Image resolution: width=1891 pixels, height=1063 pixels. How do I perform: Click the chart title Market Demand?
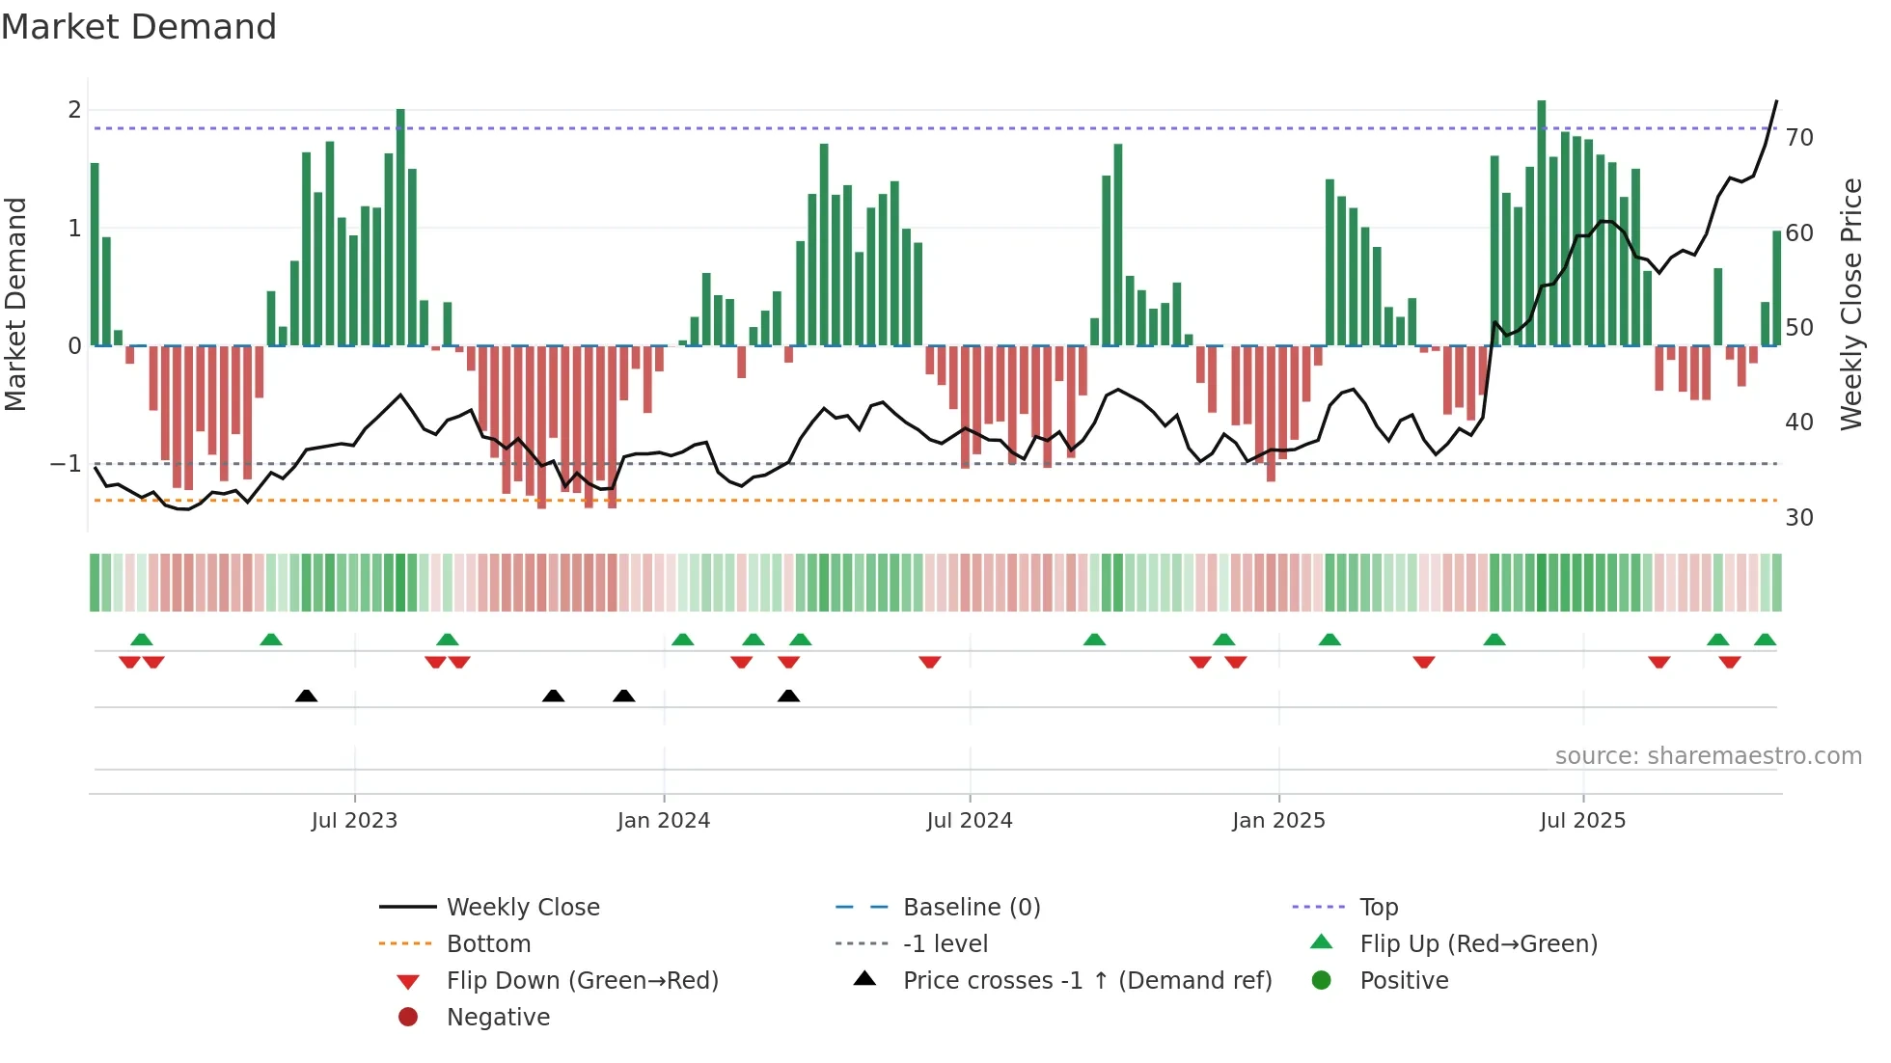click(139, 27)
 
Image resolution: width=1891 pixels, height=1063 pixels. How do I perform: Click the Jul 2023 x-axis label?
click(354, 821)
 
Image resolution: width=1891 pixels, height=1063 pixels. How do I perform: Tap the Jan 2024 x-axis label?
click(664, 821)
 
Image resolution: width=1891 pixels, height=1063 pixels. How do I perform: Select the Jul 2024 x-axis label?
click(970, 821)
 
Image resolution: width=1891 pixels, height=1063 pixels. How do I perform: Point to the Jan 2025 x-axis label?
click(1278, 821)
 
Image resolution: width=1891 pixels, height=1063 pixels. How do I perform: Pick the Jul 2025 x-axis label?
click(1582, 821)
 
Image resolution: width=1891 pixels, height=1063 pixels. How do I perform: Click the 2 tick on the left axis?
click(74, 110)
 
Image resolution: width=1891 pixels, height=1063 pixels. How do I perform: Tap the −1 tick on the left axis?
click(67, 464)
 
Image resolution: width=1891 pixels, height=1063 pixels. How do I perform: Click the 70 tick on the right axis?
click(1799, 138)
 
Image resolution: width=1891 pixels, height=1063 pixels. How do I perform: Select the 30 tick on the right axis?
click(1799, 518)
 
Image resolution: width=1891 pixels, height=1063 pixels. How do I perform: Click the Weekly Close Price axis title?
click(1851, 304)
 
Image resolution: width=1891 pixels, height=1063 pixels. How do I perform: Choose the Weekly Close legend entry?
click(522, 908)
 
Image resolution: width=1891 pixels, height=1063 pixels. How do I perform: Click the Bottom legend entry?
click(488, 944)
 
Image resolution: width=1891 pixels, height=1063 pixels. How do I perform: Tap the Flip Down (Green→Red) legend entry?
click(582, 981)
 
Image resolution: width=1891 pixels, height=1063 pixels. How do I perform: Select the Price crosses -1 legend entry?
click(1086, 981)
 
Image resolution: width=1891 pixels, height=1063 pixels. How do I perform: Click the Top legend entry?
click(1379, 908)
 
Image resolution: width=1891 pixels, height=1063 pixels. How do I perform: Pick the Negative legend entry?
click(498, 1018)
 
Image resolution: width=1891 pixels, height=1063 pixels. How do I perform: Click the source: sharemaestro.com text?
click(1708, 756)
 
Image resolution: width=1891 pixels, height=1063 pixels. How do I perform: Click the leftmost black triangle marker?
click(306, 695)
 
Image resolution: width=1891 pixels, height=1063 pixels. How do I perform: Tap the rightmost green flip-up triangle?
click(1765, 640)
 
